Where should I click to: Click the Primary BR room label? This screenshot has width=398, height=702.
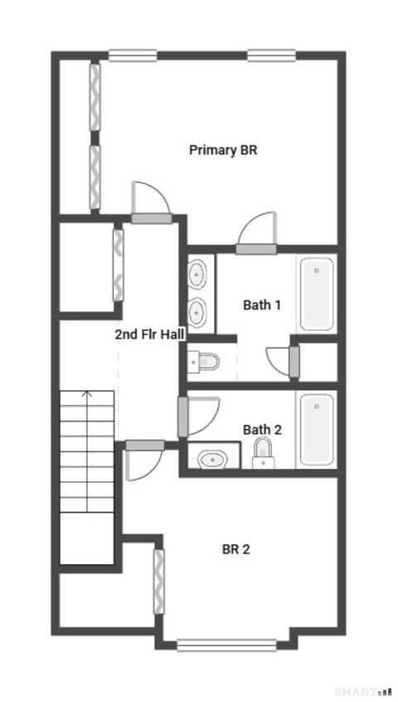223,150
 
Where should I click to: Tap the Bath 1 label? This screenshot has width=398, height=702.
261,305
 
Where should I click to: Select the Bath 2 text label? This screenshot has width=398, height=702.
262,429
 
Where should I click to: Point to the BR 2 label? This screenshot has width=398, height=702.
235,548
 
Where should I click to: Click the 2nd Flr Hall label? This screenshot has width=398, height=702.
149,334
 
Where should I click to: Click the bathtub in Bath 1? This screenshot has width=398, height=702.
317,294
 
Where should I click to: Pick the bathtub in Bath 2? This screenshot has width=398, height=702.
317,429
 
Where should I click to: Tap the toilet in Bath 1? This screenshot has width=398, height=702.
203,361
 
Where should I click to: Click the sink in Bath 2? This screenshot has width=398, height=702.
213,457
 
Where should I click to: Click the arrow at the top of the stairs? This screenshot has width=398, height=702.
86,397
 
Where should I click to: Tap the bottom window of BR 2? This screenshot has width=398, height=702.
226,644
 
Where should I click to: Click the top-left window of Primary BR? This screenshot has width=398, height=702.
133,56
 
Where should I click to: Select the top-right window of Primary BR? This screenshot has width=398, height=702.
271,56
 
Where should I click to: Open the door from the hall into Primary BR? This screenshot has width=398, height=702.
152,218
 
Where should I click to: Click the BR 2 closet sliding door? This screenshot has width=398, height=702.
159,581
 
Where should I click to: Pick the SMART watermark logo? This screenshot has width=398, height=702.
363,690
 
